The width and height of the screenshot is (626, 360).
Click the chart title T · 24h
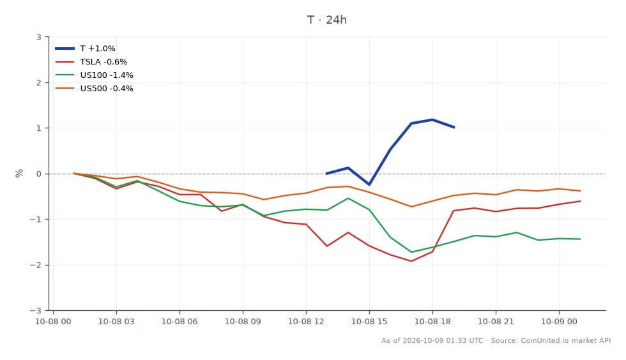click(x=326, y=20)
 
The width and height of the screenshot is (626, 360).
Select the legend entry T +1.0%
click(x=85, y=49)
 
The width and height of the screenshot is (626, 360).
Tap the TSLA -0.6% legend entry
click(x=91, y=62)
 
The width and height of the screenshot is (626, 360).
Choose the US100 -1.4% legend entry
click(x=95, y=75)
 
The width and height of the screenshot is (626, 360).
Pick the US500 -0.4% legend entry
click(x=95, y=89)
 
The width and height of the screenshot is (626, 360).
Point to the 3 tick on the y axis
click(x=39, y=37)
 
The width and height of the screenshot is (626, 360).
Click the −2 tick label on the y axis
click(x=36, y=265)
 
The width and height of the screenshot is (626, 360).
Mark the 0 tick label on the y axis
click(x=39, y=174)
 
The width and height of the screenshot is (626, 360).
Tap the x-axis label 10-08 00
click(x=53, y=322)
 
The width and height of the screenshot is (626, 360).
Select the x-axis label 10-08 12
click(x=306, y=322)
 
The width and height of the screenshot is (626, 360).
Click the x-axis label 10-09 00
click(x=559, y=322)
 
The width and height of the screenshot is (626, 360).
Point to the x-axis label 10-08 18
click(x=432, y=322)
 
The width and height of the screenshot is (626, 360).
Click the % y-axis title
click(x=19, y=173)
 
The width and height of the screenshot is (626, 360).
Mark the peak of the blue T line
click(x=432, y=119)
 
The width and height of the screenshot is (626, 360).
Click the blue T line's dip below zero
click(x=369, y=184)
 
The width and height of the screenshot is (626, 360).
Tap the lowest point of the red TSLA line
click(x=411, y=261)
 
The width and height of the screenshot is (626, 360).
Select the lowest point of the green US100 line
click(x=411, y=252)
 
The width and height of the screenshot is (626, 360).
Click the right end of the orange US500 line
click(x=580, y=191)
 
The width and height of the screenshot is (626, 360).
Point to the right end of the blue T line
click(x=454, y=127)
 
